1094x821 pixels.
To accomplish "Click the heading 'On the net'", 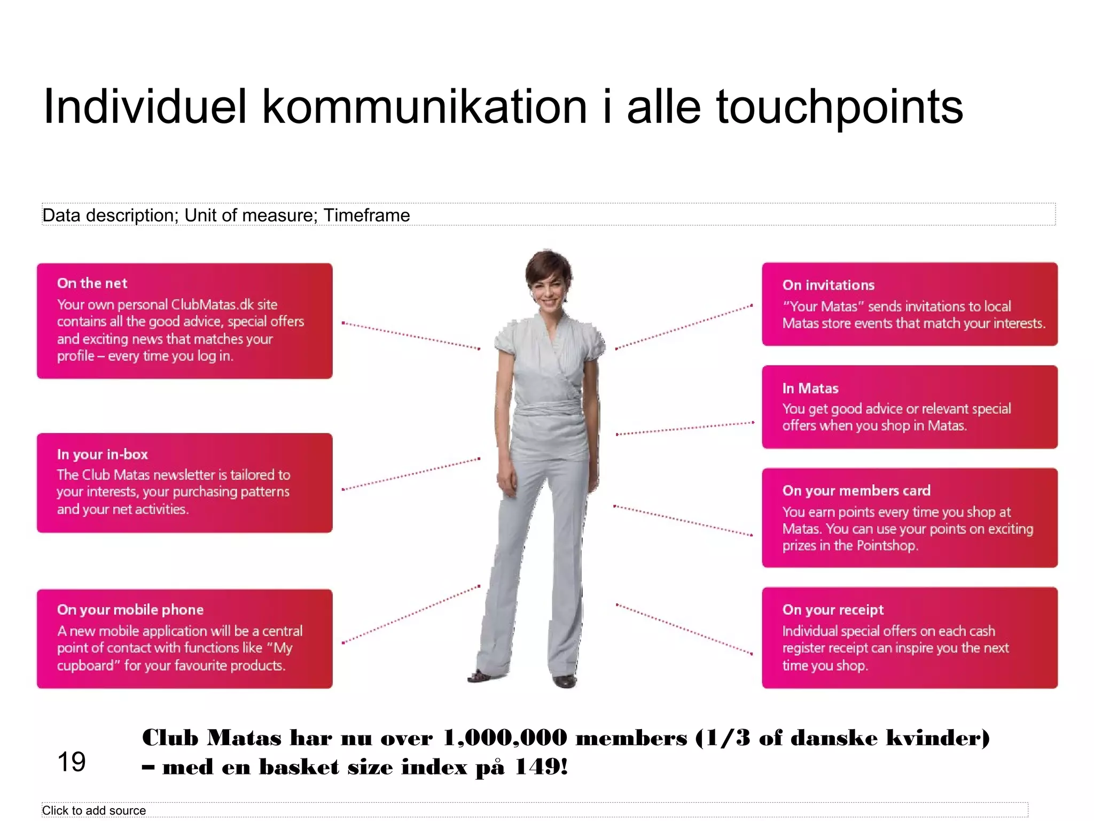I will [92, 283].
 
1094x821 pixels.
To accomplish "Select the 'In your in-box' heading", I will [103, 454].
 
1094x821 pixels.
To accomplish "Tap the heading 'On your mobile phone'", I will [130, 610].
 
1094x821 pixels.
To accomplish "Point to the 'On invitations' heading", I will [829, 285].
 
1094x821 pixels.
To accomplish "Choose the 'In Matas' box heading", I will [810, 389].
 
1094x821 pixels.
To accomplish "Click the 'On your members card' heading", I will [856, 491].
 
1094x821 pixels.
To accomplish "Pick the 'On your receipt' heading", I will [833, 610].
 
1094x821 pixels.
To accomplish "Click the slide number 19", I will [71, 762].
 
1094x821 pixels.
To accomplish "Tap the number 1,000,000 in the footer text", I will [505, 738].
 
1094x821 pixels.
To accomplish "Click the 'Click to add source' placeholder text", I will [94, 810].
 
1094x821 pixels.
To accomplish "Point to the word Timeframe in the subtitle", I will [367, 215].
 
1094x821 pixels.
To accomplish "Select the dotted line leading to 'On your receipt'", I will [684, 629].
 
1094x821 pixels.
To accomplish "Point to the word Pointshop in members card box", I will [886, 546].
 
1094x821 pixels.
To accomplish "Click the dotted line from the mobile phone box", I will [411, 614].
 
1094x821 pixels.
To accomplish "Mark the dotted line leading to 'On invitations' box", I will [684, 327].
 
